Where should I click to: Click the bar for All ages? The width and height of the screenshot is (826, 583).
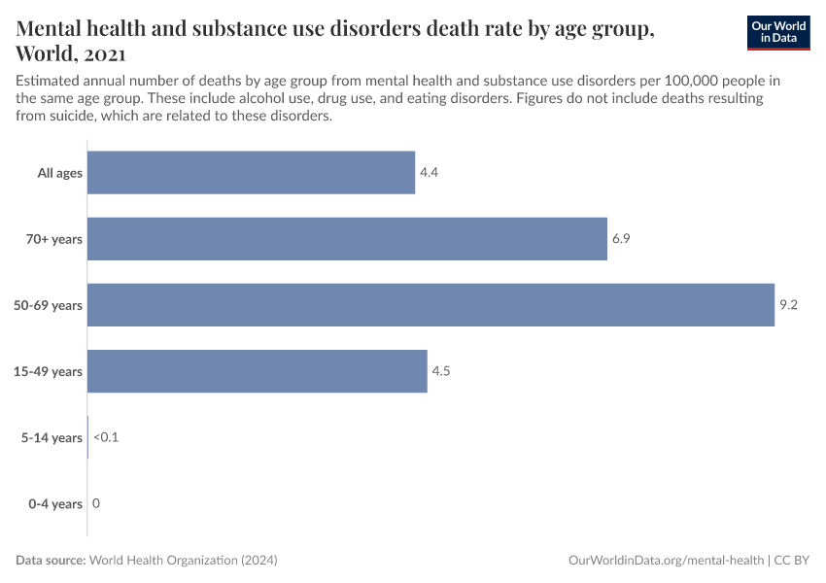click(251, 173)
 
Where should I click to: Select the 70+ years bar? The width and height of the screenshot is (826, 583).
click(347, 239)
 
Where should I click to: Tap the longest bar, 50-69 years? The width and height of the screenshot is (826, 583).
click(430, 305)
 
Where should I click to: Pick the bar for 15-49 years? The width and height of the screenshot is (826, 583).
click(257, 371)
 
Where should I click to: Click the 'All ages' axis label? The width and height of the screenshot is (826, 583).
click(60, 174)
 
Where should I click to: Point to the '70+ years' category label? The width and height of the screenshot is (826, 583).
click(54, 240)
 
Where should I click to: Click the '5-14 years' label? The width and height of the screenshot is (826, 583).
click(52, 438)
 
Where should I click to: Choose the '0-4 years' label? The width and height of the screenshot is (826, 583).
click(54, 504)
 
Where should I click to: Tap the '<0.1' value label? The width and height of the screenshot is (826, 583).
click(106, 438)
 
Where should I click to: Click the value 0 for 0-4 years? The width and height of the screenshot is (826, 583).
click(96, 504)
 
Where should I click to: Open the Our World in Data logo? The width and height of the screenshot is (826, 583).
click(777, 32)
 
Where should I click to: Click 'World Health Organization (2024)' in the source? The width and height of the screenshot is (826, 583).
click(183, 561)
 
